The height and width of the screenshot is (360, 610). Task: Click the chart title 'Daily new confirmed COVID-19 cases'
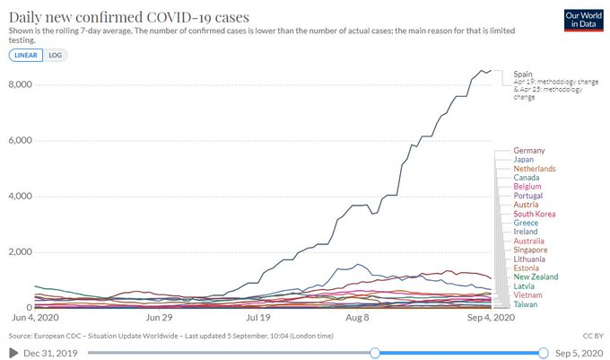(x=129, y=17)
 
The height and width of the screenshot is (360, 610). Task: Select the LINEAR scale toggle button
(x=24, y=55)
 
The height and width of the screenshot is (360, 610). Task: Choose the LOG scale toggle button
(x=55, y=55)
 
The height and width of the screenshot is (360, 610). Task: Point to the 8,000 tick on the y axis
(x=21, y=84)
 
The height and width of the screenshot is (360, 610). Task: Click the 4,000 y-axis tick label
(x=21, y=196)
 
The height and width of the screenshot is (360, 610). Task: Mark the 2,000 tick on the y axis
(x=21, y=251)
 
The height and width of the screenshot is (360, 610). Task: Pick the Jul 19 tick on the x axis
(x=258, y=317)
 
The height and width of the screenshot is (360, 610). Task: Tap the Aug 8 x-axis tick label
(x=357, y=317)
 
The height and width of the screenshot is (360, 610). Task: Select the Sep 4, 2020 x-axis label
(x=492, y=317)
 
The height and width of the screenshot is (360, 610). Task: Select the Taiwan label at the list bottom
(x=527, y=304)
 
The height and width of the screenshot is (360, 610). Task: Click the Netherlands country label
(x=535, y=169)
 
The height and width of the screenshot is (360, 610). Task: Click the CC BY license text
(x=591, y=335)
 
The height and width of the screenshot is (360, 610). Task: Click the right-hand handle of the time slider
(x=543, y=353)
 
